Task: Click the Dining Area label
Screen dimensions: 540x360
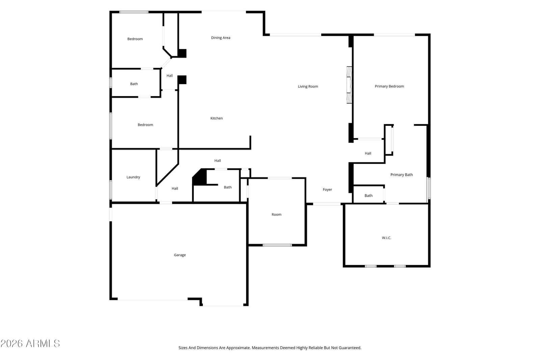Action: point(221,37)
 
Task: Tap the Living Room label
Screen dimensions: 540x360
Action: point(308,86)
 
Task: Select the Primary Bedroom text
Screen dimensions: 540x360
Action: point(389,86)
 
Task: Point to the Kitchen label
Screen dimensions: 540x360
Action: point(216,118)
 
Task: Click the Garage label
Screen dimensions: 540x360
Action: point(180,255)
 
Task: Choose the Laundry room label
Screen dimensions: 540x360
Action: point(133,177)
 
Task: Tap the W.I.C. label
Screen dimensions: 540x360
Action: point(386,238)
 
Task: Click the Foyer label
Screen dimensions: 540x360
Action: point(327,190)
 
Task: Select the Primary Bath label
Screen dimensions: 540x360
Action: point(402,175)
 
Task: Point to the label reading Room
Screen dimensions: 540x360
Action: point(276,215)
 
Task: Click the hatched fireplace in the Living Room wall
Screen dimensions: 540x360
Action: point(349,85)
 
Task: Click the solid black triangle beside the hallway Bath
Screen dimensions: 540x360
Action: point(199,177)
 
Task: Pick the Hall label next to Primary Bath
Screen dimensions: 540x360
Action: point(368,153)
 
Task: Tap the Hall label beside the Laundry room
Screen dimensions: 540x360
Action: point(175,188)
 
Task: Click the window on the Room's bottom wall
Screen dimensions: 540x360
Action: point(277,245)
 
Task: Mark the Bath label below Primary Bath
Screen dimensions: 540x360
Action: point(368,196)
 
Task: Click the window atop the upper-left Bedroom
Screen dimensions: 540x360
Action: point(134,12)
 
